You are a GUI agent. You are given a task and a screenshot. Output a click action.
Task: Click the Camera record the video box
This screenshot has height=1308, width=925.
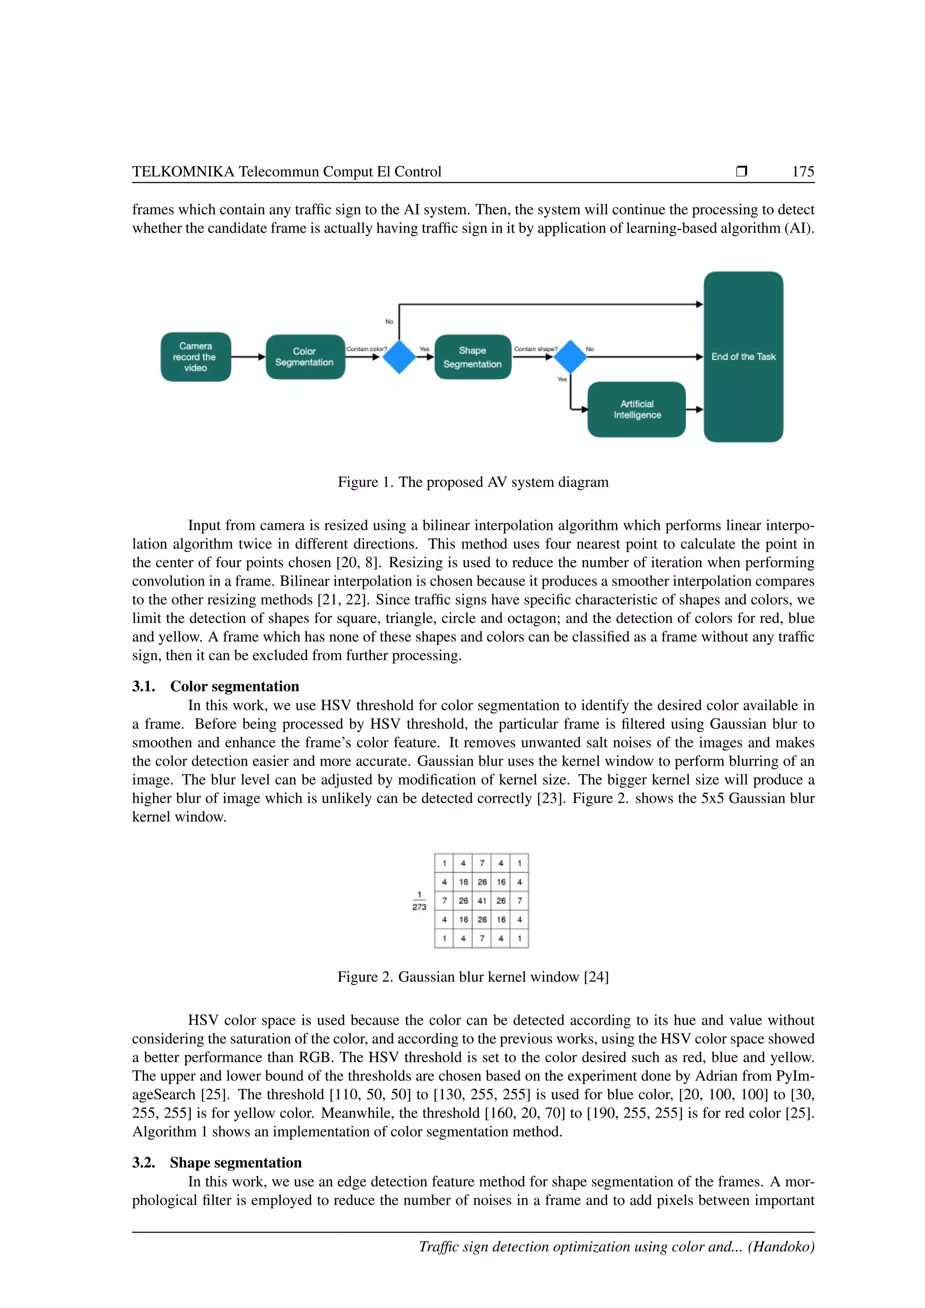pyautogui.click(x=196, y=357)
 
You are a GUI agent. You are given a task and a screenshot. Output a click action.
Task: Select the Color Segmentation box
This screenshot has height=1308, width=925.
pyautogui.click(x=305, y=357)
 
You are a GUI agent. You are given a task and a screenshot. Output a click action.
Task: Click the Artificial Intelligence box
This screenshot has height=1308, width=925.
pyautogui.click(x=637, y=409)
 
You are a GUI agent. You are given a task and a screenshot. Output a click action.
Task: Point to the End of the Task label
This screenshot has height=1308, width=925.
pyautogui.click(x=743, y=357)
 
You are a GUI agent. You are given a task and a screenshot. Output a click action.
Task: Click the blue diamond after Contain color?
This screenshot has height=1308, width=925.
pyautogui.click(x=399, y=357)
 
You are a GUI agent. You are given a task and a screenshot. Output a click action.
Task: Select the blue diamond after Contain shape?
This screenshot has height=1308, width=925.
pyautogui.click(x=570, y=357)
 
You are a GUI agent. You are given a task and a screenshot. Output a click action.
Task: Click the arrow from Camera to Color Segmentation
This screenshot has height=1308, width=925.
pyautogui.click(x=248, y=357)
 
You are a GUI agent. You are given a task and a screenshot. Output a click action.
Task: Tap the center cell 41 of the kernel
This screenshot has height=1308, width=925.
pyautogui.click(x=482, y=901)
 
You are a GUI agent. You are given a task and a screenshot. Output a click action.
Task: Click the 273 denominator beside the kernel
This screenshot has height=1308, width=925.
pyautogui.click(x=419, y=907)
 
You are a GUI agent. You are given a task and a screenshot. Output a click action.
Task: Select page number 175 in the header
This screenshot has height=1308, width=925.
pyautogui.click(x=803, y=172)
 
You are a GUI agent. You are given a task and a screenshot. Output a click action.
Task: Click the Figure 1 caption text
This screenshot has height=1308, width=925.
pyautogui.click(x=473, y=482)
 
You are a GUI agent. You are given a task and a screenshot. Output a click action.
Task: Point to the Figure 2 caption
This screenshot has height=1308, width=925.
pyautogui.click(x=473, y=977)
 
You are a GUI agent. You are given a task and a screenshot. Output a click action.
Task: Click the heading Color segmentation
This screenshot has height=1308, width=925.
pyautogui.click(x=234, y=686)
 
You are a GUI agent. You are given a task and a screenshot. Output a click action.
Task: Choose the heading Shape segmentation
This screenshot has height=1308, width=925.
pyautogui.click(x=235, y=1162)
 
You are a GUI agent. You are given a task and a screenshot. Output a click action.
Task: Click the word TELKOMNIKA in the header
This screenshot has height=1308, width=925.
pyautogui.click(x=183, y=172)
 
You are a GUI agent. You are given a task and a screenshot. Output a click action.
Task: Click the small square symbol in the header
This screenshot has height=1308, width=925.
pyautogui.click(x=741, y=171)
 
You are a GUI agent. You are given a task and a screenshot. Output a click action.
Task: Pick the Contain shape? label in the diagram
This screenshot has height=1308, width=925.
pyautogui.click(x=535, y=349)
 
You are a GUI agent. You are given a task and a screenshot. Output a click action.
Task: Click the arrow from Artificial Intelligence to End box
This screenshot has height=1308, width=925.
pyautogui.click(x=694, y=409)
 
